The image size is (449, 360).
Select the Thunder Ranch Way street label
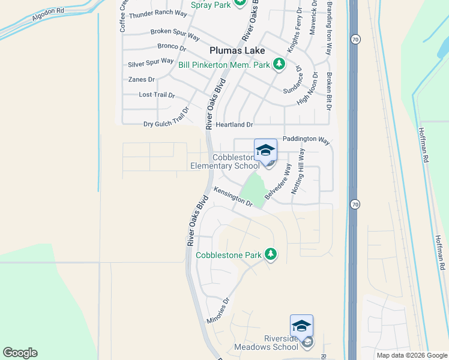pos(158,14)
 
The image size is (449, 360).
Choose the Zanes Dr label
pos(141,79)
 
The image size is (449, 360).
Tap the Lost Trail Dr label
pos(157,95)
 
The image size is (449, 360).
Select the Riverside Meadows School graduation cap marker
pos(301,326)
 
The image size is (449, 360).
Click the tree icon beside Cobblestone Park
pos(270,254)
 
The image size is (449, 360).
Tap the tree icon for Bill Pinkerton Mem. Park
pos(279,63)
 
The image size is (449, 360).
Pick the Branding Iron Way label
pos(329,28)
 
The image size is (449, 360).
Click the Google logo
pos(20,353)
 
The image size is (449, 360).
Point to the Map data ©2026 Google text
pos(411,355)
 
